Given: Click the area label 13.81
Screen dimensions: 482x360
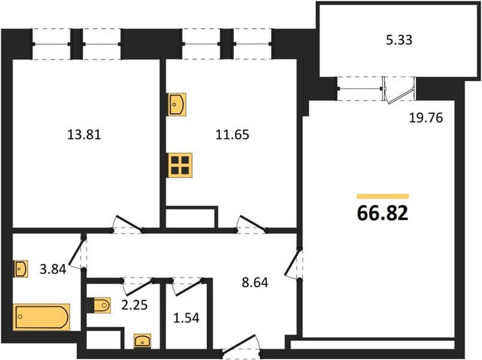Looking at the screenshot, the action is pyautogui.click(x=84, y=135).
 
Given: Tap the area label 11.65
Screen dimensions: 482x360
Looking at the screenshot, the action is pyautogui.click(x=232, y=135).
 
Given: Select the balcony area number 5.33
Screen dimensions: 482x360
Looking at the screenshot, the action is pyautogui.click(x=399, y=40).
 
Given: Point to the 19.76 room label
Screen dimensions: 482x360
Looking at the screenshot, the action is pyautogui.click(x=426, y=118).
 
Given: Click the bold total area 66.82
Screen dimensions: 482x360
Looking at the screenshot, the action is pyautogui.click(x=382, y=213).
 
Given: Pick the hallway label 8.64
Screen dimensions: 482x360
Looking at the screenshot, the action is pyautogui.click(x=255, y=283).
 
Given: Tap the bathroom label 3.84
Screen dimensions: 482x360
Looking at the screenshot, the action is pyautogui.click(x=53, y=269).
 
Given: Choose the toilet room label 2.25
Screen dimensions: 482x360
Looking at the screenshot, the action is pyautogui.click(x=134, y=305).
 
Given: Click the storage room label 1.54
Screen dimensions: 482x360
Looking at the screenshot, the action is pyautogui.click(x=186, y=318).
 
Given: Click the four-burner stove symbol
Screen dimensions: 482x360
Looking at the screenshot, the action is pyautogui.click(x=180, y=165).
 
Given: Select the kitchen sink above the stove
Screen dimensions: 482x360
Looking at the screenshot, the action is pyautogui.click(x=177, y=104).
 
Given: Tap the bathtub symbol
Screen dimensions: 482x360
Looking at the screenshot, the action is pyautogui.click(x=41, y=317).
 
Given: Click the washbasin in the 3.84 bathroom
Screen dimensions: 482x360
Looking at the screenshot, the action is pyautogui.click(x=20, y=269).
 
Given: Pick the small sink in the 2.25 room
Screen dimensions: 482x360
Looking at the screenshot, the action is pyautogui.click(x=143, y=341).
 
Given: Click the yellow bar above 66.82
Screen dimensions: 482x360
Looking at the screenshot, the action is pyautogui.click(x=382, y=196).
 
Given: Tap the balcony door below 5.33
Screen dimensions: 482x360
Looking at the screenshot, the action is pyautogui.click(x=399, y=90).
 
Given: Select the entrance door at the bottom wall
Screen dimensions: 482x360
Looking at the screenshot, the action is pyautogui.click(x=242, y=346).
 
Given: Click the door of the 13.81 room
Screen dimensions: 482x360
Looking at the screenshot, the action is pyautogui.click(x=127, y=224).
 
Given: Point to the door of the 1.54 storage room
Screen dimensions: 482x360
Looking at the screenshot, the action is pyautogui.click(x=187, y=287).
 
